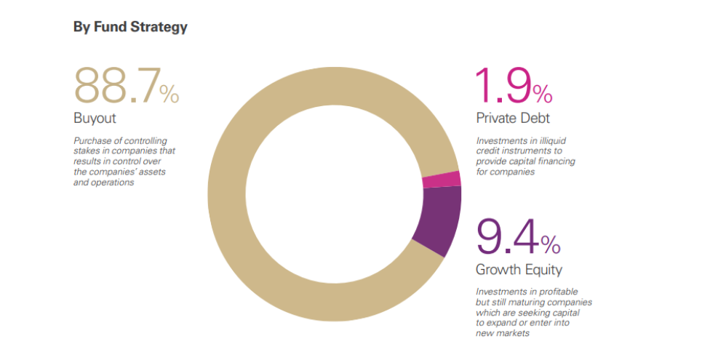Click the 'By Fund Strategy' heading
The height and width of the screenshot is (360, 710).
click(130, 27)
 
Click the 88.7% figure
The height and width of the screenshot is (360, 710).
click(127, 85)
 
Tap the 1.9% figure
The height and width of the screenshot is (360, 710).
click(514, 85)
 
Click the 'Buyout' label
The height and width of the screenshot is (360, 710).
click(95, 119)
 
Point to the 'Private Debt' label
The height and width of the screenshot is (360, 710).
click(513, 119)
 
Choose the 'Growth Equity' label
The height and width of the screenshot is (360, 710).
click(519, 270)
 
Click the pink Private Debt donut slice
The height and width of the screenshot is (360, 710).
click(442, 180)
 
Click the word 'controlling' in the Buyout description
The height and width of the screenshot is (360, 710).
click(145, 141)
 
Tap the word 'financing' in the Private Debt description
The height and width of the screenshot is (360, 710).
click(556, 161)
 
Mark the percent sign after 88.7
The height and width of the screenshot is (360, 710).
click(169, 93)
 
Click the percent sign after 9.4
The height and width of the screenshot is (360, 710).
click(551, 244)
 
